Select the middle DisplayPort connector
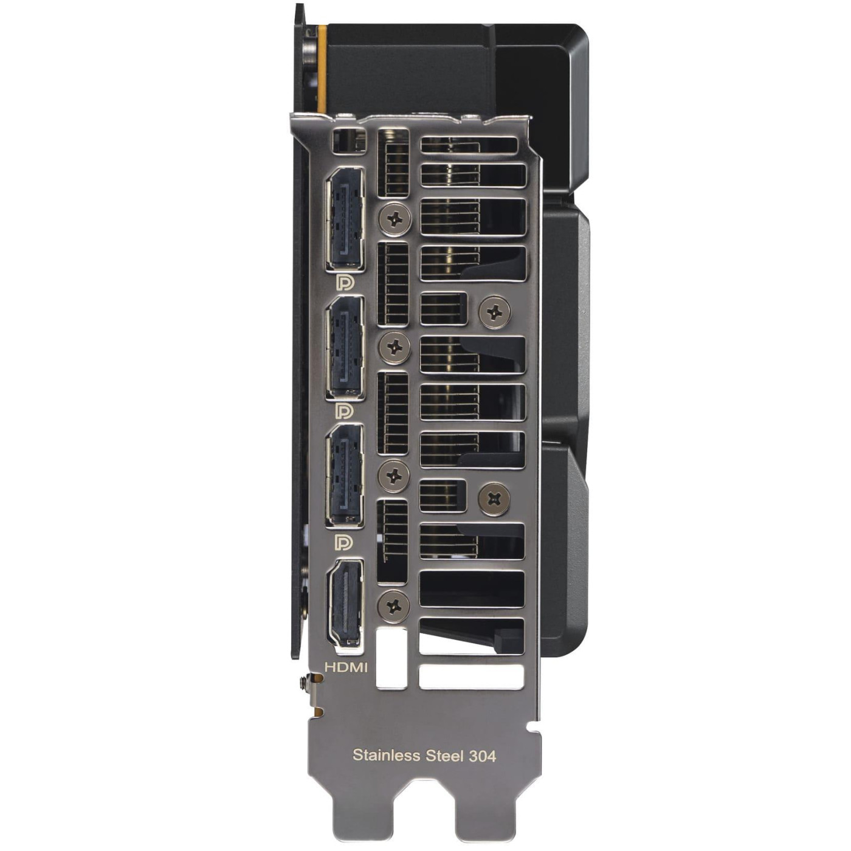click(345, 348)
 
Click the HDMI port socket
click(345, 603)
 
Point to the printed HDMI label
click(346, 667)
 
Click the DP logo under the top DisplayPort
click(345, 283)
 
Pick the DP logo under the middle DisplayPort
click(345, 412)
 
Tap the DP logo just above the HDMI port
click(345, 540)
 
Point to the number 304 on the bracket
click(483, 756)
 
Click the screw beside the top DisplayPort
click(394, 218)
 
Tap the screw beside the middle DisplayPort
click(394, 348)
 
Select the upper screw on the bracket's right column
click(495, 312)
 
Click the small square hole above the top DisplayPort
click(348, 140)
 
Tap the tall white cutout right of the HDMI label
click(391, 658)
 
